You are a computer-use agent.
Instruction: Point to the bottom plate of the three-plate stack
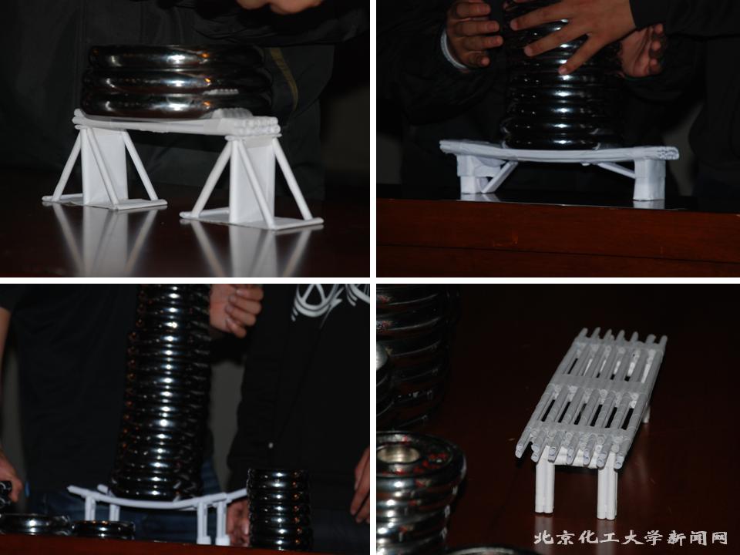(x=176, y=104)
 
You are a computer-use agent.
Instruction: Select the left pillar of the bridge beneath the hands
(x=474, y=177)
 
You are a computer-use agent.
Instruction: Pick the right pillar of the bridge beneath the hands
(x=649, y=180)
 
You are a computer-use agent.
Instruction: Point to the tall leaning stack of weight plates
(x=165, y=392)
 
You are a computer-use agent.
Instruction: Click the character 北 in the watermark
(x=542, y=537)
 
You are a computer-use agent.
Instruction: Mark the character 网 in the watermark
(x=720, y=537)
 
